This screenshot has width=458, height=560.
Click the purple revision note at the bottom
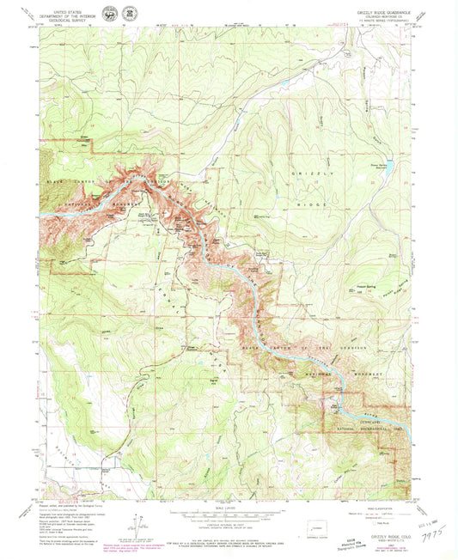(x=129, y=545)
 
